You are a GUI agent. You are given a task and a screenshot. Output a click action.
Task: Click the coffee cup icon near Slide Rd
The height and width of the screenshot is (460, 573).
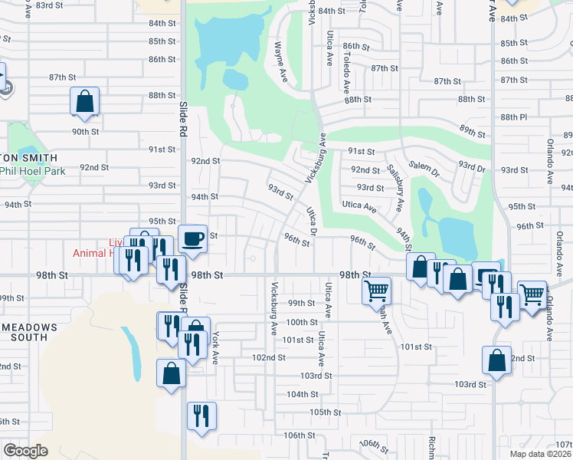tap(192, 238)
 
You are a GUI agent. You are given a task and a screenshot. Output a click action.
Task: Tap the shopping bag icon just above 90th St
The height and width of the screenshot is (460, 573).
tap(84, 102)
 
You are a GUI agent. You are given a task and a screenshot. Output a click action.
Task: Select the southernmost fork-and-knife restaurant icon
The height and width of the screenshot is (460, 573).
tap(201, 416)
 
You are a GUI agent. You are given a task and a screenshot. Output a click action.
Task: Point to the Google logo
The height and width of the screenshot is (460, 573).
tap(25, 451)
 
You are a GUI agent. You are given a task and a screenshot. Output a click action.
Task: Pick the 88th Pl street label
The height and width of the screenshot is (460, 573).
tap(513, 117)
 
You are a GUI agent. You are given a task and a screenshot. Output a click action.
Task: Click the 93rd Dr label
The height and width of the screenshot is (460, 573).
tap(472, 166)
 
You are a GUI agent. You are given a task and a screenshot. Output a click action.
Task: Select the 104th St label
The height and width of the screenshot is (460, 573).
tap(302, 395)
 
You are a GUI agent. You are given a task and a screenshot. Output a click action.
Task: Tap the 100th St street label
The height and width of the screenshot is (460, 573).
tap(302, 322)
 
